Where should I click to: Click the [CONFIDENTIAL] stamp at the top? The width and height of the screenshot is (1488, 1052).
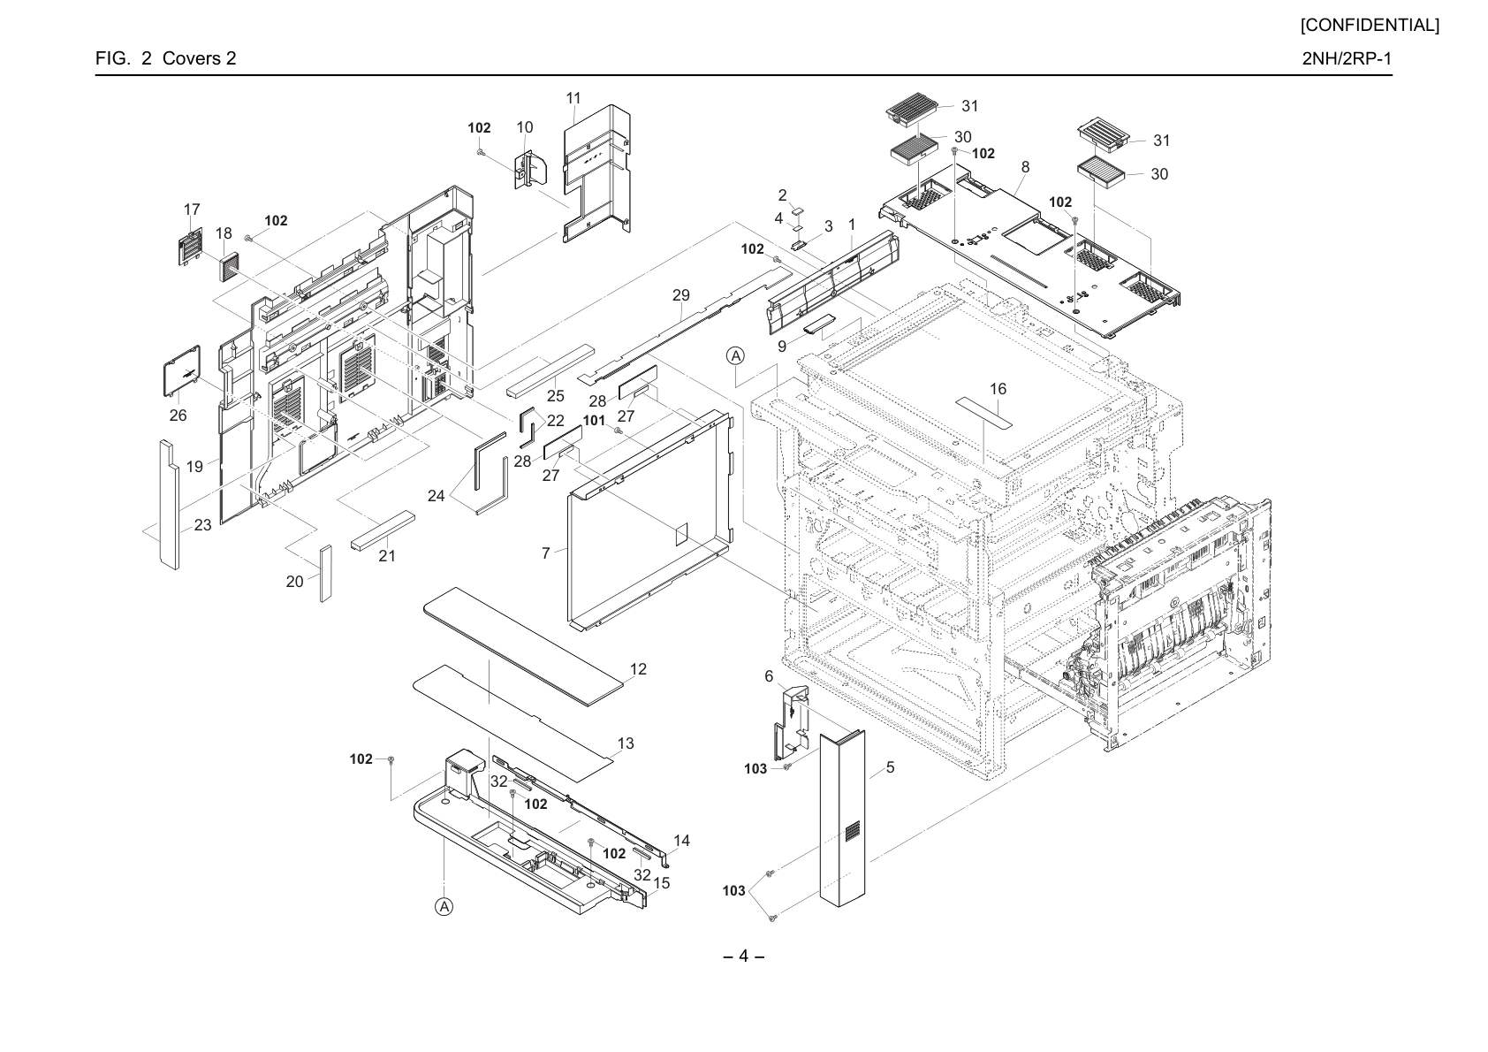click(1370, 26)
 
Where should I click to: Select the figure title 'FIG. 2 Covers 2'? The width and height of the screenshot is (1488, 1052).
click(165, 58)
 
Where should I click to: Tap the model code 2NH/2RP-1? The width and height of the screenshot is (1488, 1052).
click(1347, 58)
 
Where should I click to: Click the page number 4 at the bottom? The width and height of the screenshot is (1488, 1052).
click(743, 956)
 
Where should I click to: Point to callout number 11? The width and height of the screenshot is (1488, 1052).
click(573, 98)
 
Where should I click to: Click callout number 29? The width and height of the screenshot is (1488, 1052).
click(681, 294)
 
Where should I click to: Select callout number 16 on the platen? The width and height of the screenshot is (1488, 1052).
click(998, 389)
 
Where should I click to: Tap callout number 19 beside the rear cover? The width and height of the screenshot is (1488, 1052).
click(194, 467)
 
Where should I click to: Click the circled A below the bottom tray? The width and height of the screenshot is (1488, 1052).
click(444, 906)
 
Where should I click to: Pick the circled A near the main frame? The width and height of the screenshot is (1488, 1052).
click(735, 355)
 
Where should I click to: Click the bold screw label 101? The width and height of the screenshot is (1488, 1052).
click(595, 421)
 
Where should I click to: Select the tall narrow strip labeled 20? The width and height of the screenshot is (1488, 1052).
click(325, 575)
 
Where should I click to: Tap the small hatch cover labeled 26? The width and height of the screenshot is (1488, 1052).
click(182, 370)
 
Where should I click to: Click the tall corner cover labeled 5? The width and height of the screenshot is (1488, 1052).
click(842, 818)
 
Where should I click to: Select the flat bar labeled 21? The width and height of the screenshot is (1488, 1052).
click(383, 531)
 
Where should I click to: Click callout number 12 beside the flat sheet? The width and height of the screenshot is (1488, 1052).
click(638, 669)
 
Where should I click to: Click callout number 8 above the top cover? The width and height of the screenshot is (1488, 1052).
click(1026, 167)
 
